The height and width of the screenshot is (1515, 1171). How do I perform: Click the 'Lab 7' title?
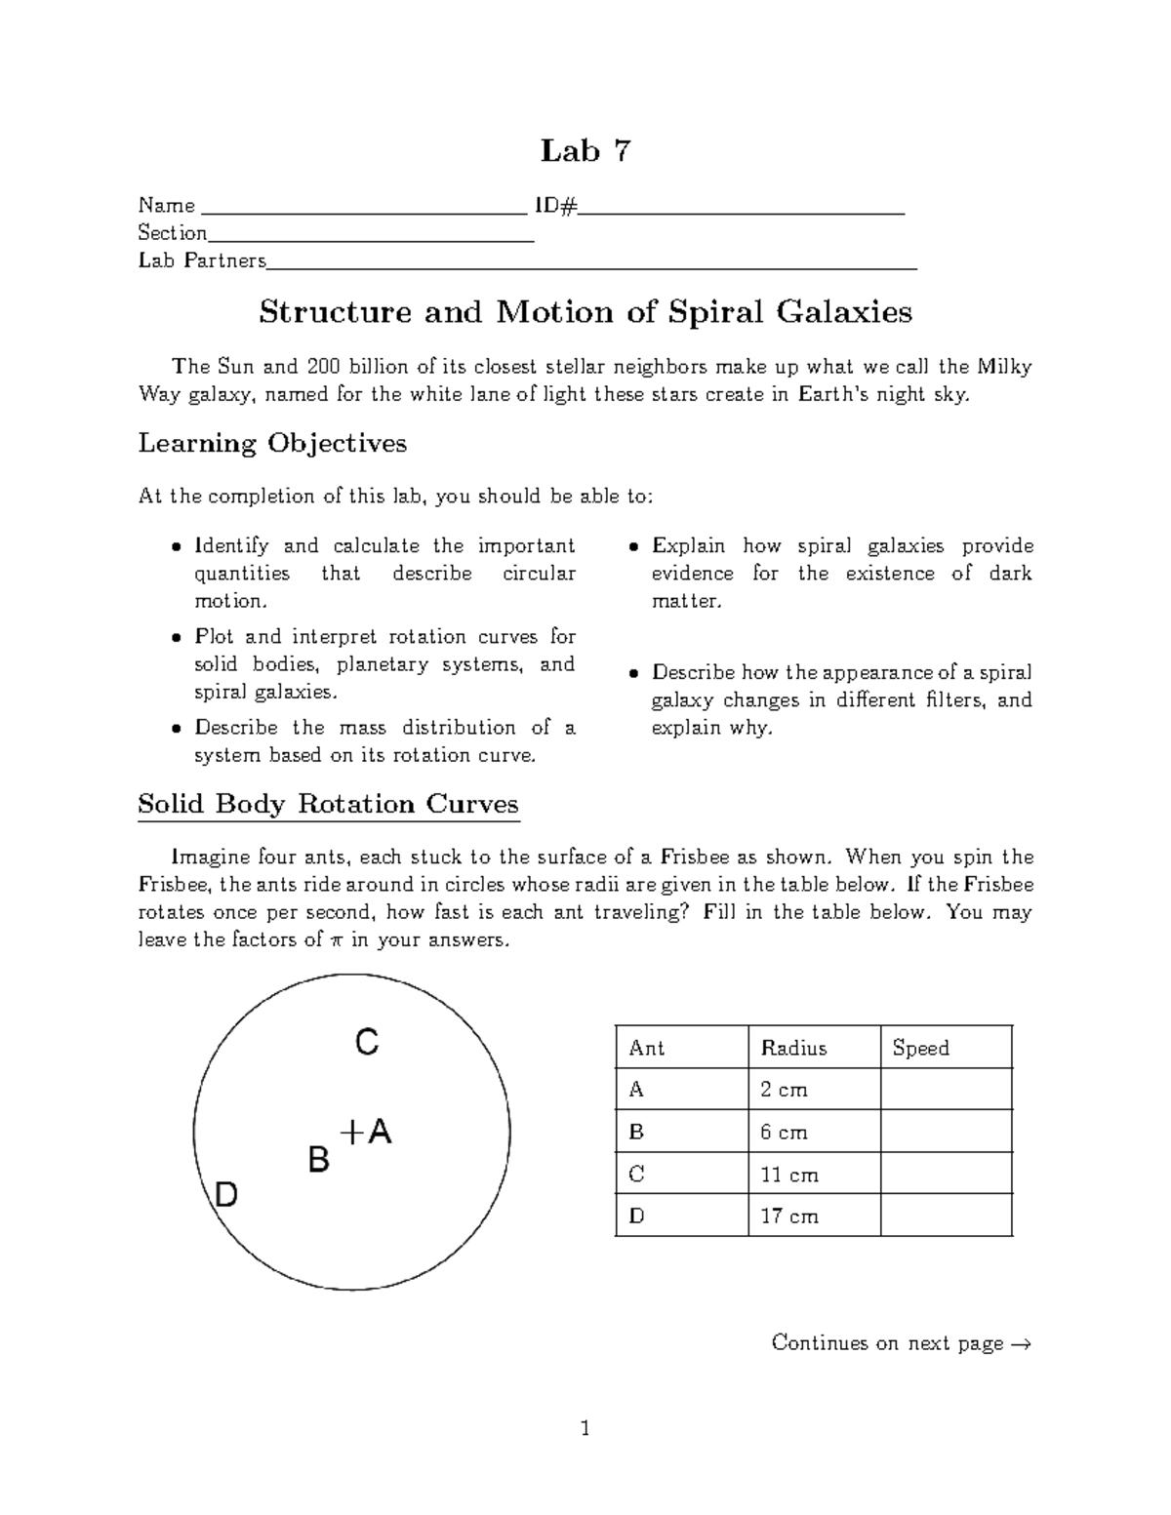(x=585, y=151)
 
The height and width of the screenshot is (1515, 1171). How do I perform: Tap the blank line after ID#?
(x=743, y=211)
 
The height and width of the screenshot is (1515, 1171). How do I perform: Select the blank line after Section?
(x=371, y=238)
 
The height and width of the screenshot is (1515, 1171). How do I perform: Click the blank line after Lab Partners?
(x=592, y=266)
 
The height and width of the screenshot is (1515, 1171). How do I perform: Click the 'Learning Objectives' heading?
(x=272, y=444)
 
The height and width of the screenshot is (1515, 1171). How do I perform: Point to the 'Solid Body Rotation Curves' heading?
(x=328, y=805)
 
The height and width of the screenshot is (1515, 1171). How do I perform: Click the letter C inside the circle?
(x=366, y=1044)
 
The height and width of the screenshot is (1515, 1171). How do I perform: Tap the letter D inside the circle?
(x=225, y=1194)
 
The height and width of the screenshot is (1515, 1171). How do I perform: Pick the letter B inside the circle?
(x=318, y=1161)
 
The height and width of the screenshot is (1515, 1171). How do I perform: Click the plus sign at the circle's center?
(x=350, y=1132)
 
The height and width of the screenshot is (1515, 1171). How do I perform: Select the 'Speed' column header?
(x=920, y=1048)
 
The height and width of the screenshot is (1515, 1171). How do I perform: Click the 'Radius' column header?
(x=793, y=1048)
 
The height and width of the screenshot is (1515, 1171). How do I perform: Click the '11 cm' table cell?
(x=789, y=1175)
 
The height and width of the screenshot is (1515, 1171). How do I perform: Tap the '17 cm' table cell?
(x=789, y=1216)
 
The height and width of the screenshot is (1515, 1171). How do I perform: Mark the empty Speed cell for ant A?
(x=946, y=1090)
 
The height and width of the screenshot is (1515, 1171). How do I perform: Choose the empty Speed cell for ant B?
(x=946, y=1132)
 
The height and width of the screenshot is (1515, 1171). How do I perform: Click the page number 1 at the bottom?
(x=585, y=1430)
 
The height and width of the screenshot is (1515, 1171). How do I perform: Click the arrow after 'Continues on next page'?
(x=1021, y=1344)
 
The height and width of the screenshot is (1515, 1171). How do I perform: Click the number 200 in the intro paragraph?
(x=324, y=368)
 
